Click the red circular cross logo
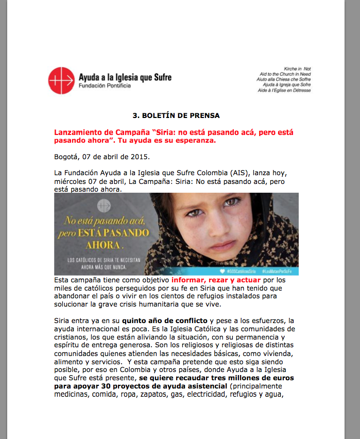[x=62, y=81]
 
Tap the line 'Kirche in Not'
[x=298, y=69]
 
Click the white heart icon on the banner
[x=222, y=271]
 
